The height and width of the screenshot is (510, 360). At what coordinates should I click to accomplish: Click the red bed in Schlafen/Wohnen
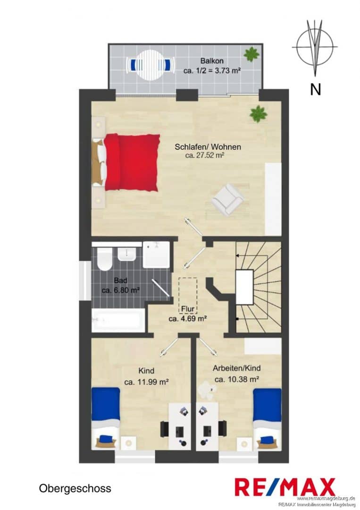131,162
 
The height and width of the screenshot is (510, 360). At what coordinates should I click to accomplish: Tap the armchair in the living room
227,199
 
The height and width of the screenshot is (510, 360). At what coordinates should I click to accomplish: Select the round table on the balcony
151,63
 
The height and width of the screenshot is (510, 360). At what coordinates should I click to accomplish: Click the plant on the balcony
251,54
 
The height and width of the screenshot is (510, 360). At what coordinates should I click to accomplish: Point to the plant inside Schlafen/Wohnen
258,113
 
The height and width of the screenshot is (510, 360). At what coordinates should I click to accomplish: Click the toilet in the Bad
105,258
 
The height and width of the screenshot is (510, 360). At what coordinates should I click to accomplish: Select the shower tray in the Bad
156,255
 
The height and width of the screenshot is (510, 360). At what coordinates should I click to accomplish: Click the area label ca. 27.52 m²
204,155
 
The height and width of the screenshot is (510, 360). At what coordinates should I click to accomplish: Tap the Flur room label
188,310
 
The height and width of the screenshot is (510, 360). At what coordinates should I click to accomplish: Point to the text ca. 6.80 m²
120,290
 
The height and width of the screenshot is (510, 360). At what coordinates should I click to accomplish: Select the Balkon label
212,61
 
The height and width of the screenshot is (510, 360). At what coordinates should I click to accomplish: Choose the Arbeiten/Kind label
236,368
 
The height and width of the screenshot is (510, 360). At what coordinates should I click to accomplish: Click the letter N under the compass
315,89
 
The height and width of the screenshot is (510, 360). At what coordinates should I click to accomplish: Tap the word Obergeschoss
75,488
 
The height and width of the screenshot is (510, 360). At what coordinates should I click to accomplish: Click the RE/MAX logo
285,487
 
